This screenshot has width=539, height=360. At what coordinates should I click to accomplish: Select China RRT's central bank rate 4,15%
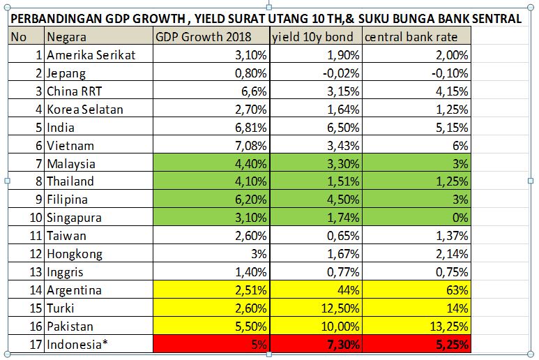[450, 91]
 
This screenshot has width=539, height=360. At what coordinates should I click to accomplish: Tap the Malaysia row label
[72, 163]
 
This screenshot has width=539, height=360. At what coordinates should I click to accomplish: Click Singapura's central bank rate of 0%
[460, 218]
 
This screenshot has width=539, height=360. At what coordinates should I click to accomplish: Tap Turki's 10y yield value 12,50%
[339, 308]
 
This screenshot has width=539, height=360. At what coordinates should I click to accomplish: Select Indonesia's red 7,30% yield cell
[342, 344]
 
